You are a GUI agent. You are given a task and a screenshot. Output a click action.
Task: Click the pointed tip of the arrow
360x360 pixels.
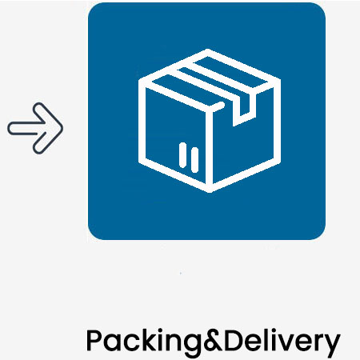pyautogui.click(x=62, y=128)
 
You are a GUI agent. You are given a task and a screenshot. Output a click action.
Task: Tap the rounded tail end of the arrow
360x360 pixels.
pyautogui.click(x=9, y=128)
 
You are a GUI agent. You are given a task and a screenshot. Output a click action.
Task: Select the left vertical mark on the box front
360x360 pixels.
pyautogui.click(x=183, y=155)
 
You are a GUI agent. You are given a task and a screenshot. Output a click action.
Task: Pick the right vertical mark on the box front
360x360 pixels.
pyautogui.click(x=195, y=160)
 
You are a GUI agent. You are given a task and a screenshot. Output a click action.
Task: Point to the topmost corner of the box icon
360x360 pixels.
pyautogui.click(x=208, y=50)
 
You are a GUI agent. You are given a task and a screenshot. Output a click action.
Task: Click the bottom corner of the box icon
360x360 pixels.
pyautogui.click(x=210, y=191)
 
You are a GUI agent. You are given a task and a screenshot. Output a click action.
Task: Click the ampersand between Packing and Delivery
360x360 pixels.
pyautogui.click(x=214, y=340)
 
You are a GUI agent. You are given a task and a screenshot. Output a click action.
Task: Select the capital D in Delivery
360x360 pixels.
pyautogui.click(x=233, y=340)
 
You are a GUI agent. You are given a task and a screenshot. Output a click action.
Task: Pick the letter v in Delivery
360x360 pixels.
pyautogui.click(x=292, y=342)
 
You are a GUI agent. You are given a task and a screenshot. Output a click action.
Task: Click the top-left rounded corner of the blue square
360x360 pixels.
pyautogui.click(x=92, y=7)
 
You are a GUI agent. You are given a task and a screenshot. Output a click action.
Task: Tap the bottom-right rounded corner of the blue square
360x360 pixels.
pyautogui.click(x=321, y=235)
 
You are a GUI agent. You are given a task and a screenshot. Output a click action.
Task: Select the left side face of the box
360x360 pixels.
pyautogui.click(x=175, y=134)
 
